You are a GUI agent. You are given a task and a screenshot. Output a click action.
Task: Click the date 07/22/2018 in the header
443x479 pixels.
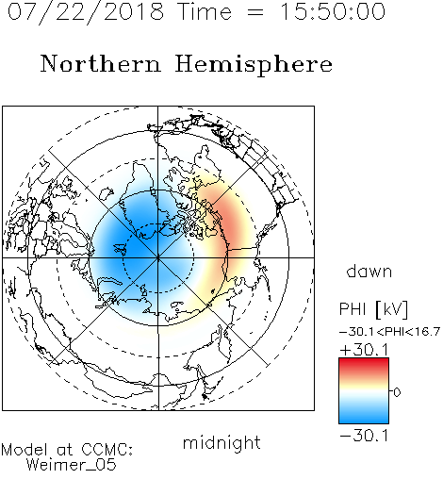[x=86, y=12]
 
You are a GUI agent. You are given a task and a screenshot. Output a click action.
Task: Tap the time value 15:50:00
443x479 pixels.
[x=332, y=11]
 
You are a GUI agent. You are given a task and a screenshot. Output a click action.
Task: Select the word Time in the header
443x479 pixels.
[x=205, y=11]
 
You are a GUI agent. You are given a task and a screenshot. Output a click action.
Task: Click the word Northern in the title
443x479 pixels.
[x=100, y=63]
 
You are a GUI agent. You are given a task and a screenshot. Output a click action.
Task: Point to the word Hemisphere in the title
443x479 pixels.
[x=254, y=65]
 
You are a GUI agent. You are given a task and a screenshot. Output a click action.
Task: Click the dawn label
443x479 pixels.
[x=369, y=271]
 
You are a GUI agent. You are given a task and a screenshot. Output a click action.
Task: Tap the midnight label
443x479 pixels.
[x=221, y=442]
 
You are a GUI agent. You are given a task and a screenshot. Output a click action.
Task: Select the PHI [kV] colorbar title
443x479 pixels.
[x=373, y=309]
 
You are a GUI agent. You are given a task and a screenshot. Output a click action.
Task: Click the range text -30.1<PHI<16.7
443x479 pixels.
[x=389, y=332]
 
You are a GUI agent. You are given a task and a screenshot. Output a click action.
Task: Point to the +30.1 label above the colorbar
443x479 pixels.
[x=364, y=350]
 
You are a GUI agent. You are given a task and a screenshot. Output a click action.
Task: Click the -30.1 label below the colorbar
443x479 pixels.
[x=364, y=436]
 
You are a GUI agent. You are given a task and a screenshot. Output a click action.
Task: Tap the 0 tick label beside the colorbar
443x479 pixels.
[x=397, y=392]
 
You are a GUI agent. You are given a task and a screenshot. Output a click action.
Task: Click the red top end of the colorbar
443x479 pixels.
[x=364, y=361]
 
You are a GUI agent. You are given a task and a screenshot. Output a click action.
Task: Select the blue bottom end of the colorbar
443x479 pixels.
[x=364, y=420]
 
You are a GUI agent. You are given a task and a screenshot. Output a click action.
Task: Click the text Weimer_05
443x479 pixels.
[x=72, y=465]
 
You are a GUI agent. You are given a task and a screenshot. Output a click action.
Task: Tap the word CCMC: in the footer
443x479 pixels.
[x=107, y=450]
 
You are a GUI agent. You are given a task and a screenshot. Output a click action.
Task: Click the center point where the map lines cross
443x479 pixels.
[x=158, y=257]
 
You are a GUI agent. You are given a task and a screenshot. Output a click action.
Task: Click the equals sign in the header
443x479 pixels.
[x=255, y=12]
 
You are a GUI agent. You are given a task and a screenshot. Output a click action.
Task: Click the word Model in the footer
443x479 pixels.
[x=25, y=450]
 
